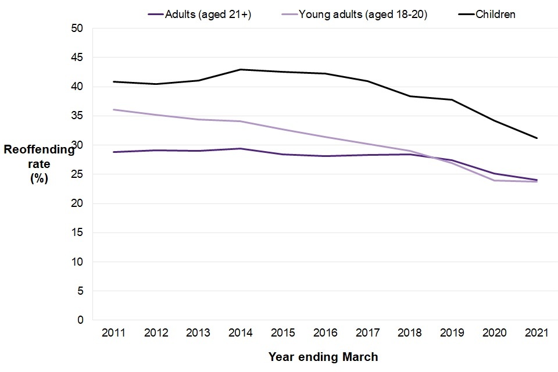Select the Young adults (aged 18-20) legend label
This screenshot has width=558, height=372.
(x=363, y=14)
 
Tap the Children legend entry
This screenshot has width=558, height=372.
(x=495, y=14)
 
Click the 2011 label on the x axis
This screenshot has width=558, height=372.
(x=114, y=333)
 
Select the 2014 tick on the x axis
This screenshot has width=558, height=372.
(x=241, y=333)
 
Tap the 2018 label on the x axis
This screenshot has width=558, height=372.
(x=410, y=333)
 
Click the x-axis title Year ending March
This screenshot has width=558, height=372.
(x=323, y=357)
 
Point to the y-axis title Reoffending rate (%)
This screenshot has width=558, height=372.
(x=39, y=164)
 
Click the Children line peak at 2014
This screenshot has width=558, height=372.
(x=241, y=70)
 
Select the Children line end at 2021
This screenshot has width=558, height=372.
(x=536, y=138)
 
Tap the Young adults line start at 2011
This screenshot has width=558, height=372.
(x=114, y=110)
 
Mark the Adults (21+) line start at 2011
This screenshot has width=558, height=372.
(x=114, y=152)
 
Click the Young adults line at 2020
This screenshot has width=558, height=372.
(x=494, y=180)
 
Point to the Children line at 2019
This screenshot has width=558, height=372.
(x=452, y=100)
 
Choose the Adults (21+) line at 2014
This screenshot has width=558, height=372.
(x=241, y=149)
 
